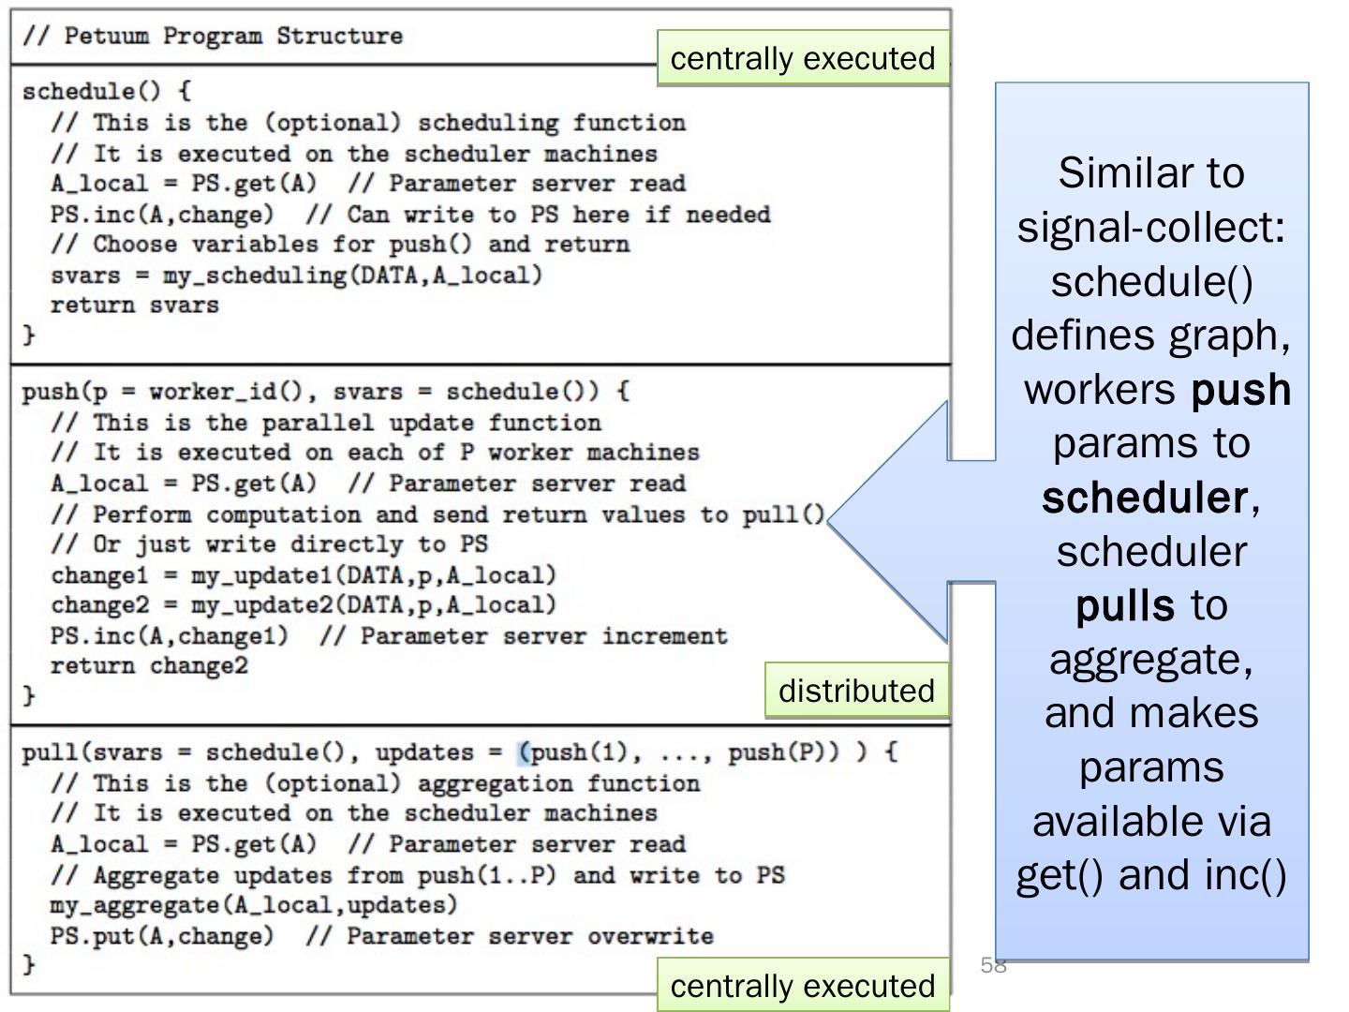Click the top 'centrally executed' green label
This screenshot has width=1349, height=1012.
click(x=803, y=58)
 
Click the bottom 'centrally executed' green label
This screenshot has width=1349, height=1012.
click(x=803, y=986)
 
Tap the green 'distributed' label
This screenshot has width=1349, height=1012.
click(x=856, y=691)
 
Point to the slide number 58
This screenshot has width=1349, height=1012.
click(x=993, y=965)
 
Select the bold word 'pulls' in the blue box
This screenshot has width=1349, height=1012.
click(x=1124, y=605)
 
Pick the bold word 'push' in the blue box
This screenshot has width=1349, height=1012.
click(x=1240, y=390)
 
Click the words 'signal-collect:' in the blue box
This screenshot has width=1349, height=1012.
click(x=1151, y=227)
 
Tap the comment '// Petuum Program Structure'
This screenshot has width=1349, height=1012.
click(x=213, y=37)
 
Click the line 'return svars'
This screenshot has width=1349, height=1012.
click(x=134, y=305)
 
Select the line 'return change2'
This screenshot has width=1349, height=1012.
click(x=149, y=666)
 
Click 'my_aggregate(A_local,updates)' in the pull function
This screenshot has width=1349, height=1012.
click(x=253, y=905)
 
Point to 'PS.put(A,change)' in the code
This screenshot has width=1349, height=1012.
click(x=161, y=936)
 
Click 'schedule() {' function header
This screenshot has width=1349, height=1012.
click(x=106, y=92)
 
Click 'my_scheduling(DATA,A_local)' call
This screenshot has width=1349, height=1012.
click(x=352, y=275)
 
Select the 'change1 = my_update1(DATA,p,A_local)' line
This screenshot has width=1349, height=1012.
click(x=303, y=575)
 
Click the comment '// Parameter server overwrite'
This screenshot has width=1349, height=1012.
click(x=529, y=936)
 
